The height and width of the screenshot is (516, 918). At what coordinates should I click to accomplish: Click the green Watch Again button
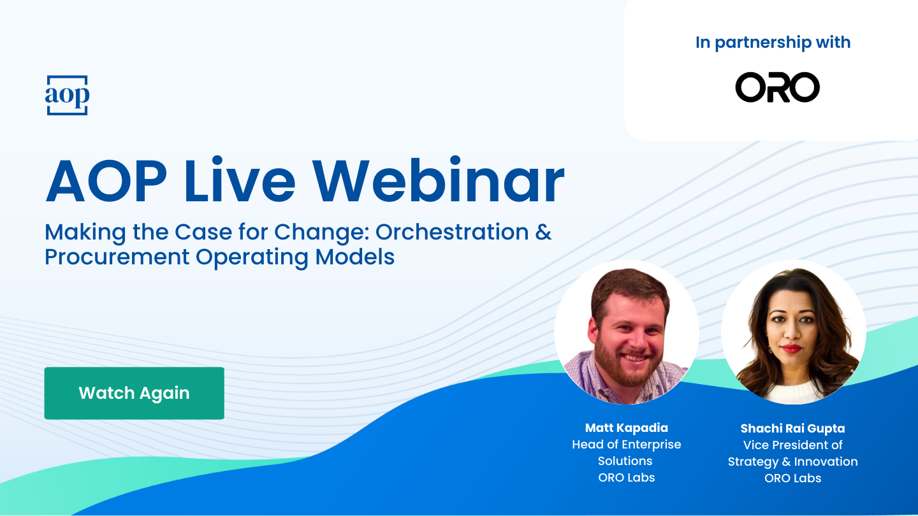click(x=134, y=393)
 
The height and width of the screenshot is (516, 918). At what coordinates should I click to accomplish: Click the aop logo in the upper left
click(x=67, y=96)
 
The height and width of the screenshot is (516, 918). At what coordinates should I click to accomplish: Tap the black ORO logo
click(x=777, y=87)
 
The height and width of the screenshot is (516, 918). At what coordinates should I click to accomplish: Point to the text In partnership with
click(x=773, y=43)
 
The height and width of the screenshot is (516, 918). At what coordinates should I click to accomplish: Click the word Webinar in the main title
click(x=446, y=181)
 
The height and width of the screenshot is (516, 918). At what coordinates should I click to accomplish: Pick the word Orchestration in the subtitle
click(x=452, y=233)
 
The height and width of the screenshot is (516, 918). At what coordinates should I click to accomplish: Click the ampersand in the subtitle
click(x=543, y=233)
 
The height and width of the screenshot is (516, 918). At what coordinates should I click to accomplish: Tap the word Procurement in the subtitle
click(x=117, y=257)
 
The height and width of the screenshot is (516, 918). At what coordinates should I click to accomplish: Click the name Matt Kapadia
click(x=626, y=428)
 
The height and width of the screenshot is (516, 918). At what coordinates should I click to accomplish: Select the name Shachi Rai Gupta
click(x=792, y=429)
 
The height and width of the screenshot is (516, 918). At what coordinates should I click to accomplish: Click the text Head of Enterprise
click(x=626, y=445)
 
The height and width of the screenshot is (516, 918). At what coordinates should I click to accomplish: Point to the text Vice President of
click(x=792, y=445)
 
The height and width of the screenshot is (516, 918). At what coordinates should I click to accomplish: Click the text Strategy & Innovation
click(x=792, y=461)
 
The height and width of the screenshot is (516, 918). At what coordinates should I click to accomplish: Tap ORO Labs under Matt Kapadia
click(x=626, y=478)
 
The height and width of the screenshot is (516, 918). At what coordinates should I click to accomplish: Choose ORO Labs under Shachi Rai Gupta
click(x=792, y=478)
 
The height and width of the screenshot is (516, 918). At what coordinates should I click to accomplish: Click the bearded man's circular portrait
click(x=627, y=333)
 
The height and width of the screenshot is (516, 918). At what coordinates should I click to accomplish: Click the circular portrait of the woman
click(x=793, y=333)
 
